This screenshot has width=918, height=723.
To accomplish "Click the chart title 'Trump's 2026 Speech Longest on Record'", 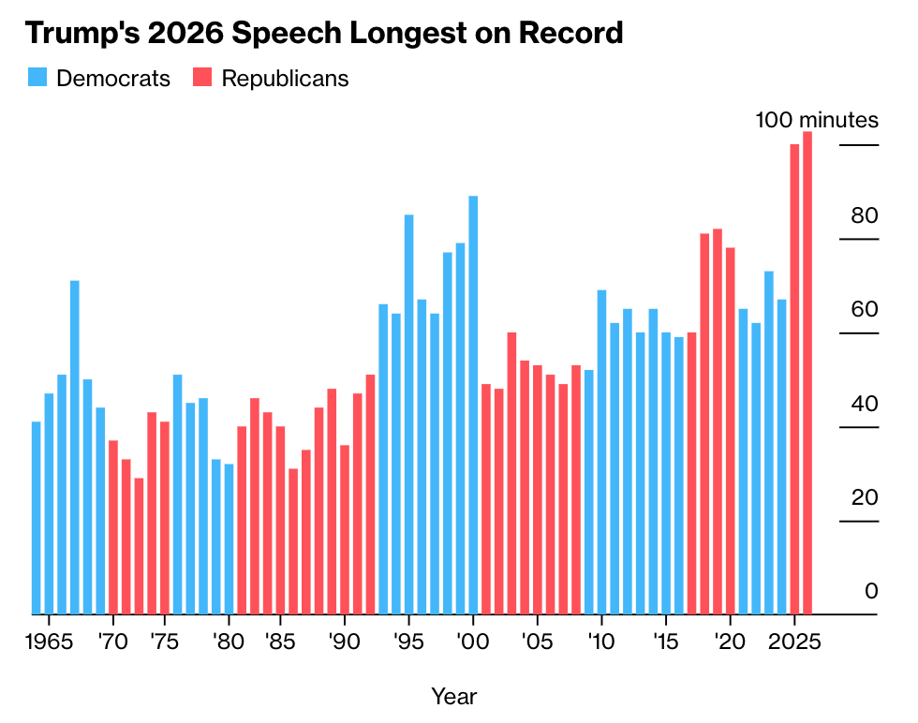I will coord(323,34).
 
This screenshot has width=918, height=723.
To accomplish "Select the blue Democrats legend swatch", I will coord(37,78).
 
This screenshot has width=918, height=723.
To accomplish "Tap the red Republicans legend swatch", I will coord(202,78).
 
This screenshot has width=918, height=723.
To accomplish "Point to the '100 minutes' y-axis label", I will coord(817,121).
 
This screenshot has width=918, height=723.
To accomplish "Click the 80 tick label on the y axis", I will coord(864,216).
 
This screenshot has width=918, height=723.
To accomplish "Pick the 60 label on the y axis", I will coord(864,310).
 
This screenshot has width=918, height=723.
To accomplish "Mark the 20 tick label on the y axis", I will coord(864,497).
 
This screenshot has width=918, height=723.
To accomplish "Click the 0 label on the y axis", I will coord(871,591).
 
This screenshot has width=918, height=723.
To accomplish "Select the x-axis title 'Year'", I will coord(454,697).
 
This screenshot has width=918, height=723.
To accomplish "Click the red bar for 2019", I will coord(718,421).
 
